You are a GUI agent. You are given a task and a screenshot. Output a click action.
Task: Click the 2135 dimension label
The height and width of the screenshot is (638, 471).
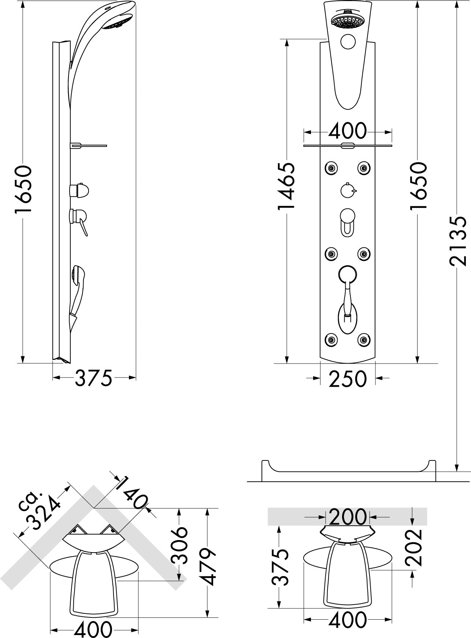pos(458,241)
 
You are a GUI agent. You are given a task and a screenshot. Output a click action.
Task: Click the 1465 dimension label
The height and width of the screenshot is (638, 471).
pos(286,186)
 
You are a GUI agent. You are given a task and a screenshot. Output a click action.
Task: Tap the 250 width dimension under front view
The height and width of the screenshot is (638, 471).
pos(347,379)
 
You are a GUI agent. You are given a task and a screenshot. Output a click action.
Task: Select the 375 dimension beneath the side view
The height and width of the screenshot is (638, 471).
pos(93,378)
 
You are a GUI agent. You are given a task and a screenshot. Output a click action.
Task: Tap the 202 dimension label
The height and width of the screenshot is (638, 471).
pos(414,547)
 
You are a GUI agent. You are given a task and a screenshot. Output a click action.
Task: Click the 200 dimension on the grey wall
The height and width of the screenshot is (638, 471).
pos(348,517)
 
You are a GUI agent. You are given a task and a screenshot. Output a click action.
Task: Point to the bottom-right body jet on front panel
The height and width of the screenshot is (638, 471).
pos(364,339)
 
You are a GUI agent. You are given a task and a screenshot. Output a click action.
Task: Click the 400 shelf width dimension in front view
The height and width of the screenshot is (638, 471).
pos(347,131)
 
